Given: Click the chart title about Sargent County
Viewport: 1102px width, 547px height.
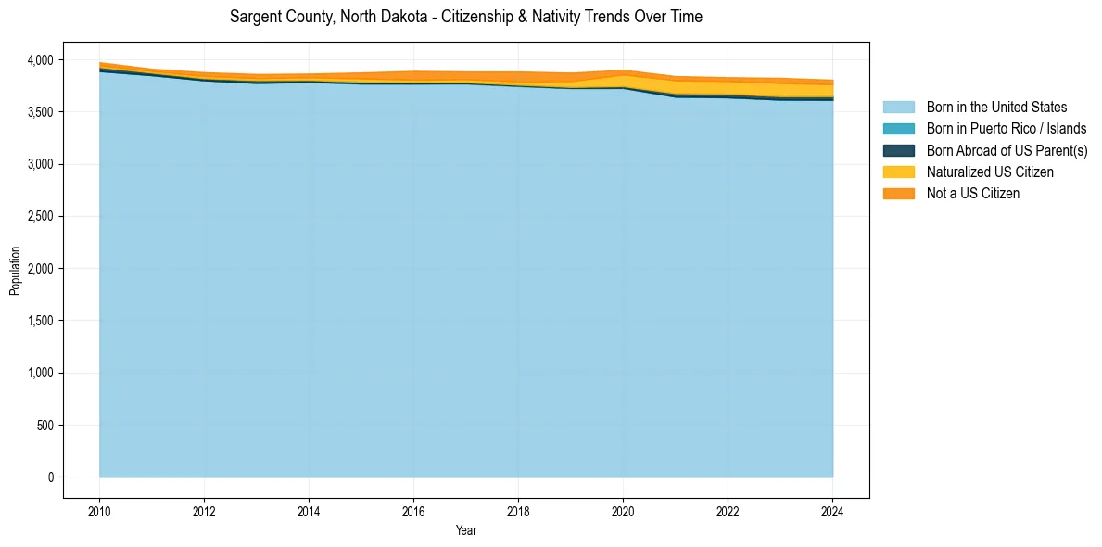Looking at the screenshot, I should (466, 17).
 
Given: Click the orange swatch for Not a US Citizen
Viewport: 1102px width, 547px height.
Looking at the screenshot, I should (898, 194).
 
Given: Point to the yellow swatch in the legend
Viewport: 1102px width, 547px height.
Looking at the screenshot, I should (898, 172).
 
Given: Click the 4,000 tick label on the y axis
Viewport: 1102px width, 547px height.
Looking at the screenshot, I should (43, 60).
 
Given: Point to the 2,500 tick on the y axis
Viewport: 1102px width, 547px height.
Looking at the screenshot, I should (43, 217).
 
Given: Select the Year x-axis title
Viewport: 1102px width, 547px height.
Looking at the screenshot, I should (466, 530).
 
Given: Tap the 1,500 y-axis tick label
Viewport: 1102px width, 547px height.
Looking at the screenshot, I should (43, 321).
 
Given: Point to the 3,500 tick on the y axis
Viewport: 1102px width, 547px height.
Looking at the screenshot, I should (43, 112).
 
